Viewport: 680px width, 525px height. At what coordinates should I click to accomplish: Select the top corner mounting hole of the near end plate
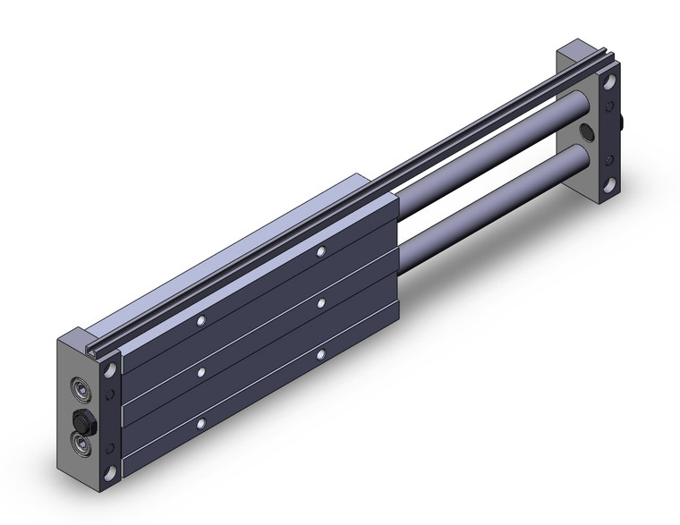(x=111, y=368)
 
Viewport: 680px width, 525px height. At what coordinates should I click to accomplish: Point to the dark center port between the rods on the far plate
(x=586, y=133)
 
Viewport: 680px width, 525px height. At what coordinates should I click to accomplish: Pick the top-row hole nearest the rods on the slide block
(x=319, y=253)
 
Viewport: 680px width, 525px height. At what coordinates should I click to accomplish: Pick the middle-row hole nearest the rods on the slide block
(x=320, y=305)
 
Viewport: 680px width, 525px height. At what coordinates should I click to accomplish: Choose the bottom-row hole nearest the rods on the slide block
(x=320, y=356)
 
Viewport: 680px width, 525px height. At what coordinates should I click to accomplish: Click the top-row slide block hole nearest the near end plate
(x=202, y=319)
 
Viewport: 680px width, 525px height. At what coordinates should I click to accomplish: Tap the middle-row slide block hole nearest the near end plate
(x=202, y=371)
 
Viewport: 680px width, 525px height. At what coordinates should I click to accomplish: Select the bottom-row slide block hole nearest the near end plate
(x=202, y=422)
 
